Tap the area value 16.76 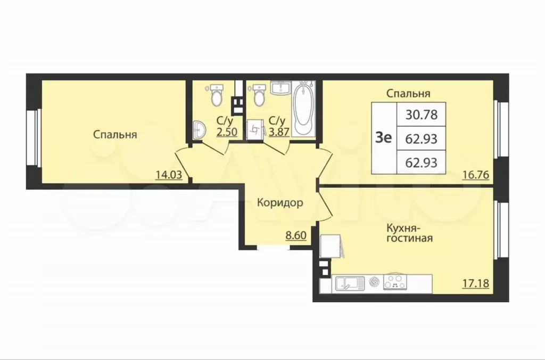[475, 174]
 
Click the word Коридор [280, 203]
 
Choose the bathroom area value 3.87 [279, 132]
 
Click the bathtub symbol [302, 109]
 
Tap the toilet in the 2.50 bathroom [216, 95]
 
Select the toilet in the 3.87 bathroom [259, 95]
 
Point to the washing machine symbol [256, 129]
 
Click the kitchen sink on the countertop [349, 282]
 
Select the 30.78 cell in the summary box [421, 113]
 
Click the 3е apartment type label [384, 138]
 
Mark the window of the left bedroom [32, 137]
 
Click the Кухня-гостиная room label [409, 233]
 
